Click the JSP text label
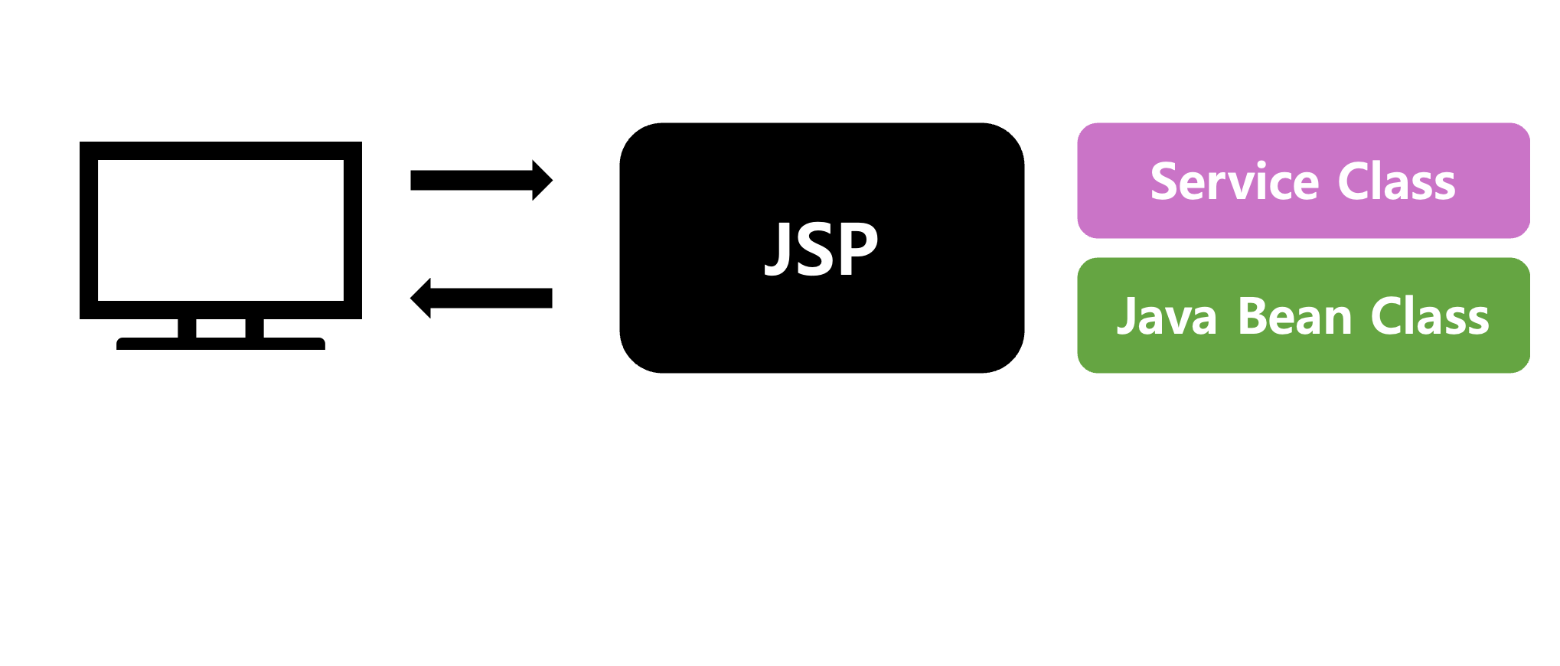coord(821,249)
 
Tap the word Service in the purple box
coord(1235,182)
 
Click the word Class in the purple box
coord(1396,182)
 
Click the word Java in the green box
coord(1167,317)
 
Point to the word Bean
coord(1295,317)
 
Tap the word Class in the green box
coord(1430,317)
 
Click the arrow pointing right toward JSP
coord(471,181)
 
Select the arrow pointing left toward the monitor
coord(490,298)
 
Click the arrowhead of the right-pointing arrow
coord(542,181)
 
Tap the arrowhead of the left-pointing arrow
coord(422,298)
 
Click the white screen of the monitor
coord(220,230)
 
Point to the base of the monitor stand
coord(220,344)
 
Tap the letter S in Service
coord(1165,182)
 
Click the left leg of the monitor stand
coord(187,328)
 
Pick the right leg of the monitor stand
coord(254,328)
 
